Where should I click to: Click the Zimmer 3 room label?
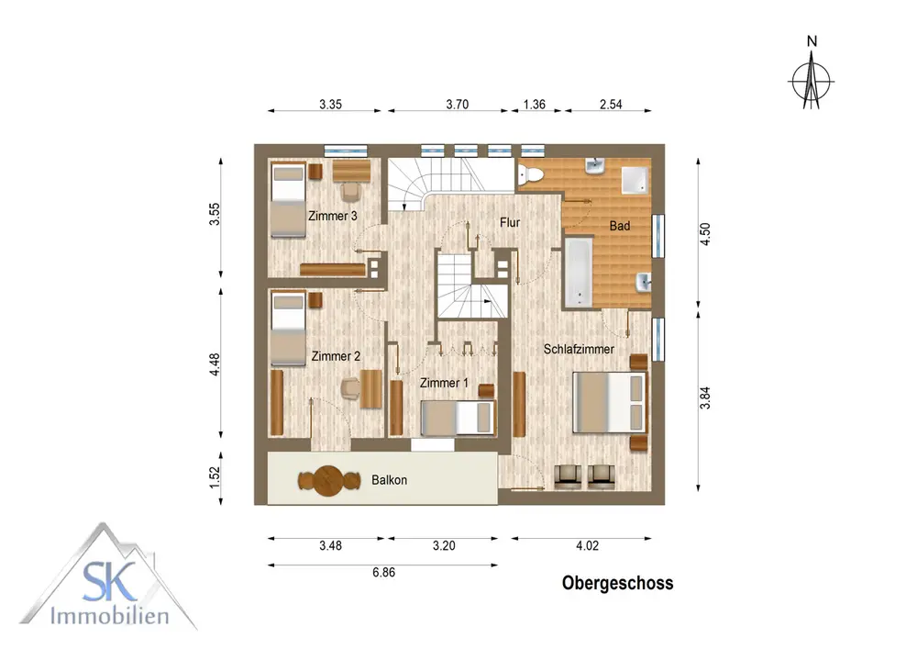332,216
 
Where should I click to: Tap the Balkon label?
389,480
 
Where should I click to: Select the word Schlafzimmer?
579,349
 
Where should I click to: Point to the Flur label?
509,222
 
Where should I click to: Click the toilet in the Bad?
530,174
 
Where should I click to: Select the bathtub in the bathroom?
579,272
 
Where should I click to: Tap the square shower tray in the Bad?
635,180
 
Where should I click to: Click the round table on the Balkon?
328,481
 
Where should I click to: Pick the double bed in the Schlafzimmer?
610,402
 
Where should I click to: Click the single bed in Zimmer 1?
458,418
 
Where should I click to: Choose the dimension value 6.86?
383,572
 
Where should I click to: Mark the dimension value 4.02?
587,545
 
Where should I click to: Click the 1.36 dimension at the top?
534,104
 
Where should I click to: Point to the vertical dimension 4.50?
704,234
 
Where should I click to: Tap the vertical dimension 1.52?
215,477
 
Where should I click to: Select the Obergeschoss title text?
617,583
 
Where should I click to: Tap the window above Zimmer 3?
346,151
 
